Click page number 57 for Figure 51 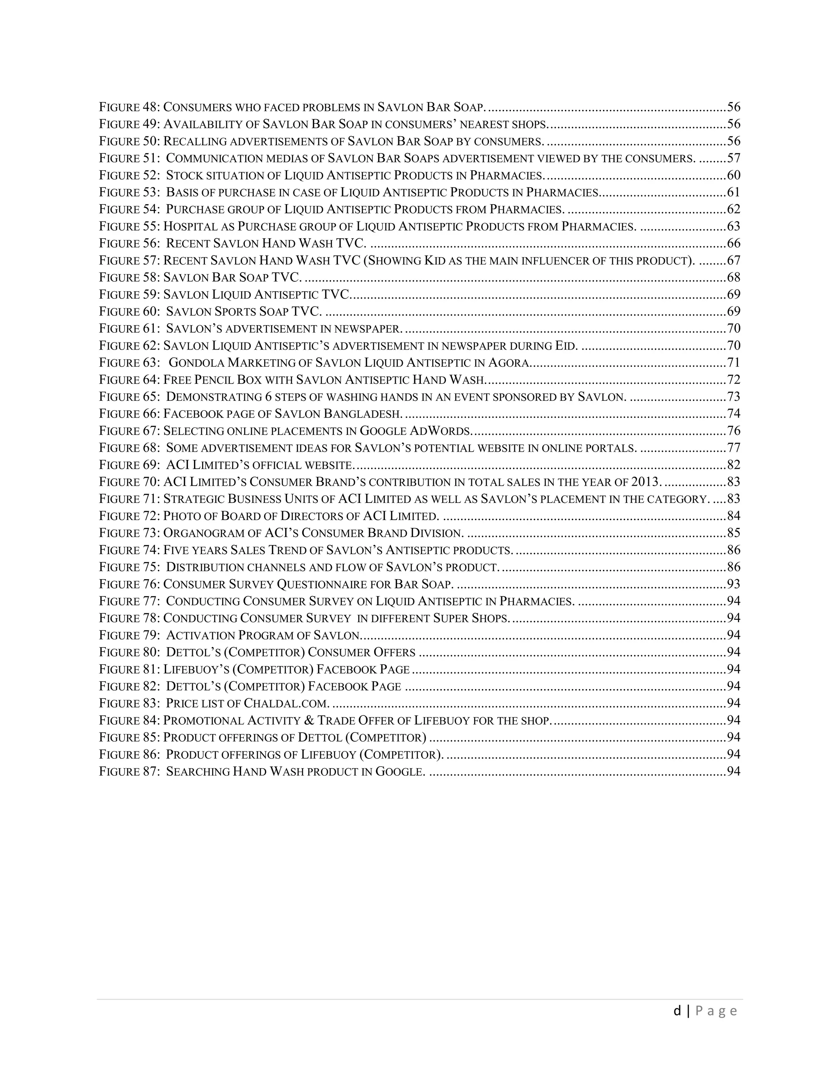point(733,158)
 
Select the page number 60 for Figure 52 point(733,175)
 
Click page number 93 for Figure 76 point(733,584)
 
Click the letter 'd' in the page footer point(677,1011)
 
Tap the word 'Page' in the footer point(716,1011)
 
